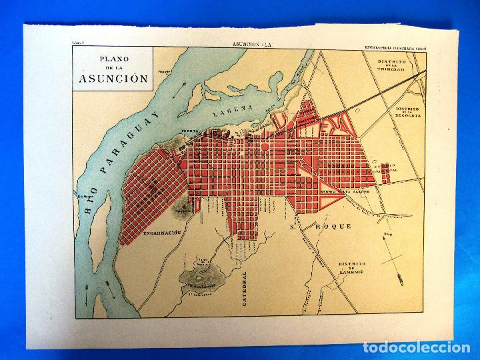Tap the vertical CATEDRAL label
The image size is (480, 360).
pos(246,288)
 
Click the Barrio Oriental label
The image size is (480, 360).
pos(390,167)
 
